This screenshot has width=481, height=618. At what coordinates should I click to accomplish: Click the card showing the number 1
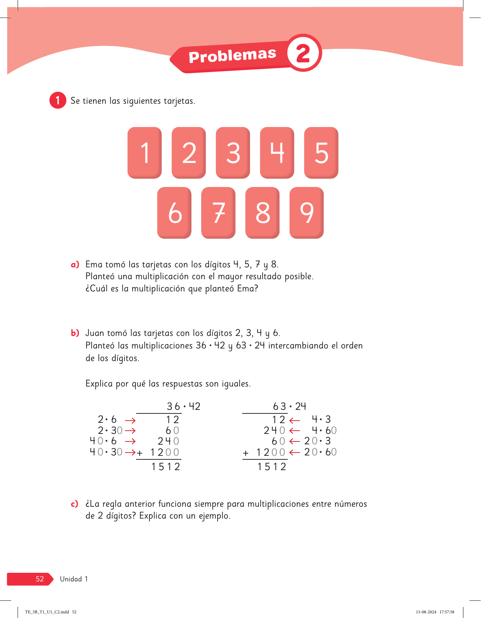pos(145,153)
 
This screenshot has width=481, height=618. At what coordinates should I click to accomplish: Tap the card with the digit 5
pos(321,153)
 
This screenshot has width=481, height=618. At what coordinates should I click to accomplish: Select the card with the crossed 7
pos(218,212)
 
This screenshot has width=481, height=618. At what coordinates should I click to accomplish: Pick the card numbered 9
pos(306,212)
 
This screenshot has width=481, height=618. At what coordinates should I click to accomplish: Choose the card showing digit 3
pos(233,153)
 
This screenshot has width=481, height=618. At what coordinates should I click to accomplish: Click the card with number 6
pos(175,212)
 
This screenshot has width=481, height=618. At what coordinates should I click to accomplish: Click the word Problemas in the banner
pos(232,56)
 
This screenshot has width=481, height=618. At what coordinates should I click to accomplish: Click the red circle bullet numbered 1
pos(57,100)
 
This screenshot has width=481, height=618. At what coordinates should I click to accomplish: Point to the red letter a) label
pos(75,265)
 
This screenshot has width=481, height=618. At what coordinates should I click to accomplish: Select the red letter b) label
pos(75,333)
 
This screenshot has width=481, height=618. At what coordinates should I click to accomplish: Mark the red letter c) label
pos(74,504)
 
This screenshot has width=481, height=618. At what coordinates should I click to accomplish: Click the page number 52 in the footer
pos(40,579)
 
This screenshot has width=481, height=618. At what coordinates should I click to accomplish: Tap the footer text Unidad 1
pos(74,579)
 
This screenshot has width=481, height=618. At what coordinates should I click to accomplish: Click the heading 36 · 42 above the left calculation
pos(184,406)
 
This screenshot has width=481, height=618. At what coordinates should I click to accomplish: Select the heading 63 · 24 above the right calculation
pos(290,406)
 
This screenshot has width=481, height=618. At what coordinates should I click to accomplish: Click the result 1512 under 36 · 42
pos(166,467)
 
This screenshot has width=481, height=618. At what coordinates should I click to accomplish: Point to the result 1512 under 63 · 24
pos(272,467)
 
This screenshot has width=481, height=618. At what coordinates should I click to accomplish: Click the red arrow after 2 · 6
pos(130,420)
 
